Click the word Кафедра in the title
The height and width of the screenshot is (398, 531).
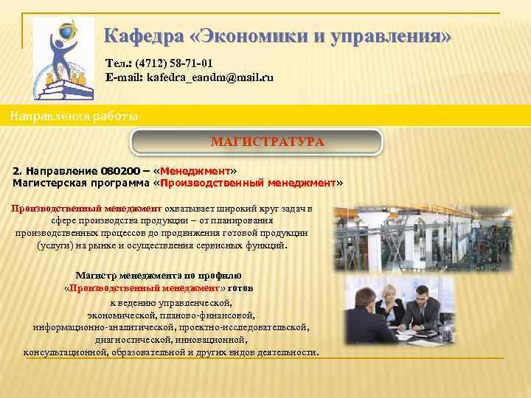click(x=139, y=36)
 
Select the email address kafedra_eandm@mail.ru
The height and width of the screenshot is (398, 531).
click(x=210, y=77)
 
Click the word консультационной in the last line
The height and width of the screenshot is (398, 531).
click(x=66, y=352)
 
